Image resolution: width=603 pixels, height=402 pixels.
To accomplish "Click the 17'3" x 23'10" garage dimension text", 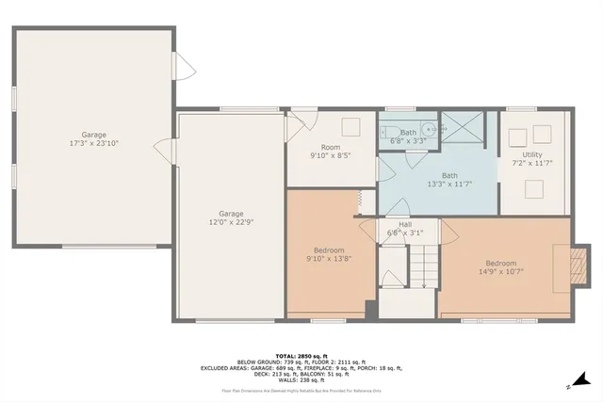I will coord(93,143).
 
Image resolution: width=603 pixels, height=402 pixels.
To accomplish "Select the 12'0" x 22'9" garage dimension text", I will coord(230,222).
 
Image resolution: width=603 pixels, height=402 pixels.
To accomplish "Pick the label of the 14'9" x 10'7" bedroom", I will coord(500,268).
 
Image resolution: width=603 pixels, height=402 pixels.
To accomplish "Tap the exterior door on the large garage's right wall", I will coord(184,66).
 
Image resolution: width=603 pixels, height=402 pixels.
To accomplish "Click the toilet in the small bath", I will coord(386,133).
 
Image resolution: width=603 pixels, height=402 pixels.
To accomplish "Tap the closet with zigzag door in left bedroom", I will coord(359,200).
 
